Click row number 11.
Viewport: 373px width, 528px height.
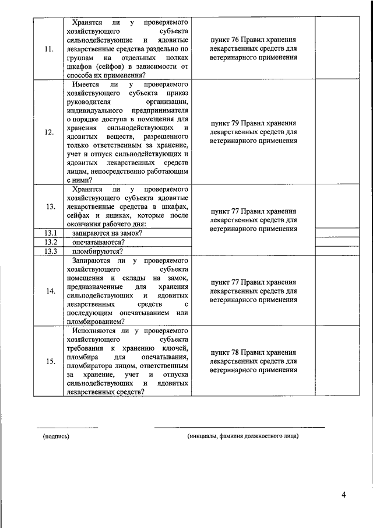click(x=49, y=49)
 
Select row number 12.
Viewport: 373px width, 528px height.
click(x=49, y=132)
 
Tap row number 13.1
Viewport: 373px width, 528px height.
click(x=49, y=233)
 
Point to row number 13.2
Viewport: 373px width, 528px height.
click(x=49, y=242)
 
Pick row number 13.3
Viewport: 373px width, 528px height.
click(x=49, y=251)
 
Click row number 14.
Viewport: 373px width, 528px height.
click(x=50, y=291)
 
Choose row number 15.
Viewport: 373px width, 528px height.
click(x=50, y=362)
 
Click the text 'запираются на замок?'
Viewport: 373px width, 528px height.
click(x=108, y=233)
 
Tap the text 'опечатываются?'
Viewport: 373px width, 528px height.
click(x=97, y=242)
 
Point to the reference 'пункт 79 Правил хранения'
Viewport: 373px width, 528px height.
click(x=253, y=123)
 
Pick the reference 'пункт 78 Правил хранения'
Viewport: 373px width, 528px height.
click(x=253, y=352)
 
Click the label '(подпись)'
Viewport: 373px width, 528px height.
click(x=56, y=436)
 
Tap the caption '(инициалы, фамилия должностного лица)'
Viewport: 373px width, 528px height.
click(x=242, y=436)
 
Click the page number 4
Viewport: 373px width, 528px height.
click(x=344, y=495)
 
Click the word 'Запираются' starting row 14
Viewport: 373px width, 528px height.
click(x=91, y=260)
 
